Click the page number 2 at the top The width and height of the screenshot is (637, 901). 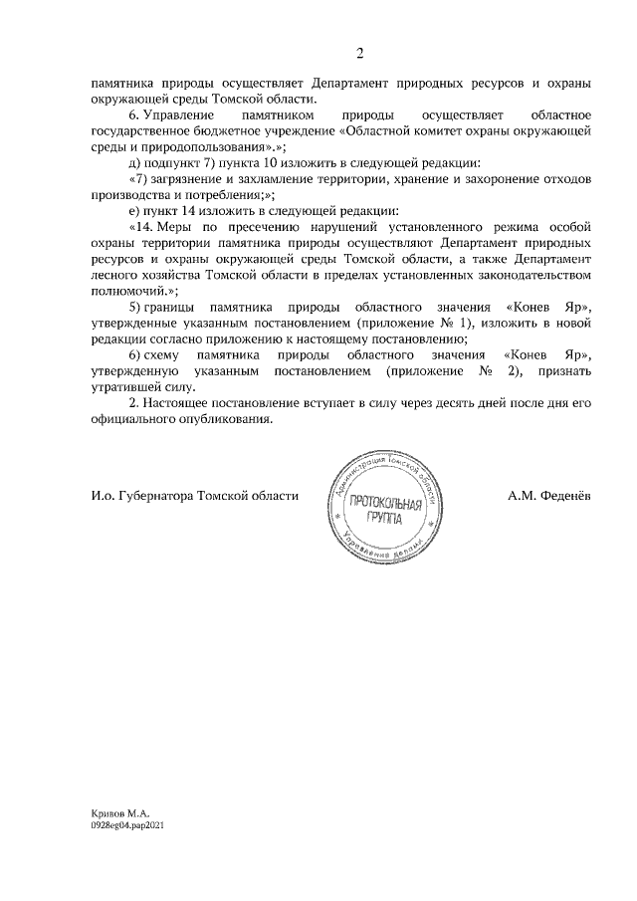pos(360,53)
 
